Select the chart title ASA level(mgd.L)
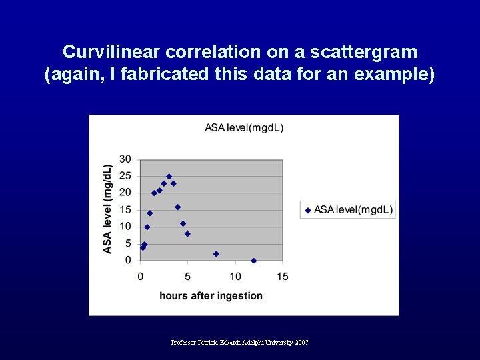pyautogui.click(x=244, y=127)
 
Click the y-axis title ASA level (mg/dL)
pyautogui.click(x=107, y=209)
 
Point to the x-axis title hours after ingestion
pyautogui.click(x=211, y=295)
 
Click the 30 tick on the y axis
pyautogui.click(x=125, y=159)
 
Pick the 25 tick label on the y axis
pyautogui.click(x=125, y=176)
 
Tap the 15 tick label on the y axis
pyautogui.click(x=125, y=210)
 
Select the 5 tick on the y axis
pyautogui.click(x=128, y=244)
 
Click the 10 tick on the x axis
pyautogui.click(x=235, y=276)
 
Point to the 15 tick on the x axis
pyautogui.click(x=283, y=276)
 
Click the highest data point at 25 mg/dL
pyautogui.click(x=169, y=177)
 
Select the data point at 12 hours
pyautogui.click(x=254, y=261)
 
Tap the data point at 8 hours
pyautogui.click(x=216, y=254)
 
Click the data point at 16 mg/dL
pyautogui.click(x=178, y=207)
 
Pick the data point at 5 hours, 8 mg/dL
pyautogui.click(x=187, y=234)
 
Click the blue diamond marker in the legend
pyautogui.click(x=308, y=210)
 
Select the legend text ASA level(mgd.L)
pyautogui.click(x=353, y=210)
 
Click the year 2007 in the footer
pyautogui.click(x=301, y=342)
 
